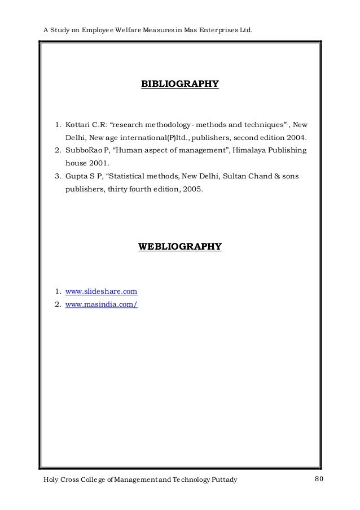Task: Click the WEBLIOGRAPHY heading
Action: click(x=180, y=246)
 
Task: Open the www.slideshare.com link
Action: click(x=102, y=291)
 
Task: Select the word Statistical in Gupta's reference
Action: click(x=128, y=177)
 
